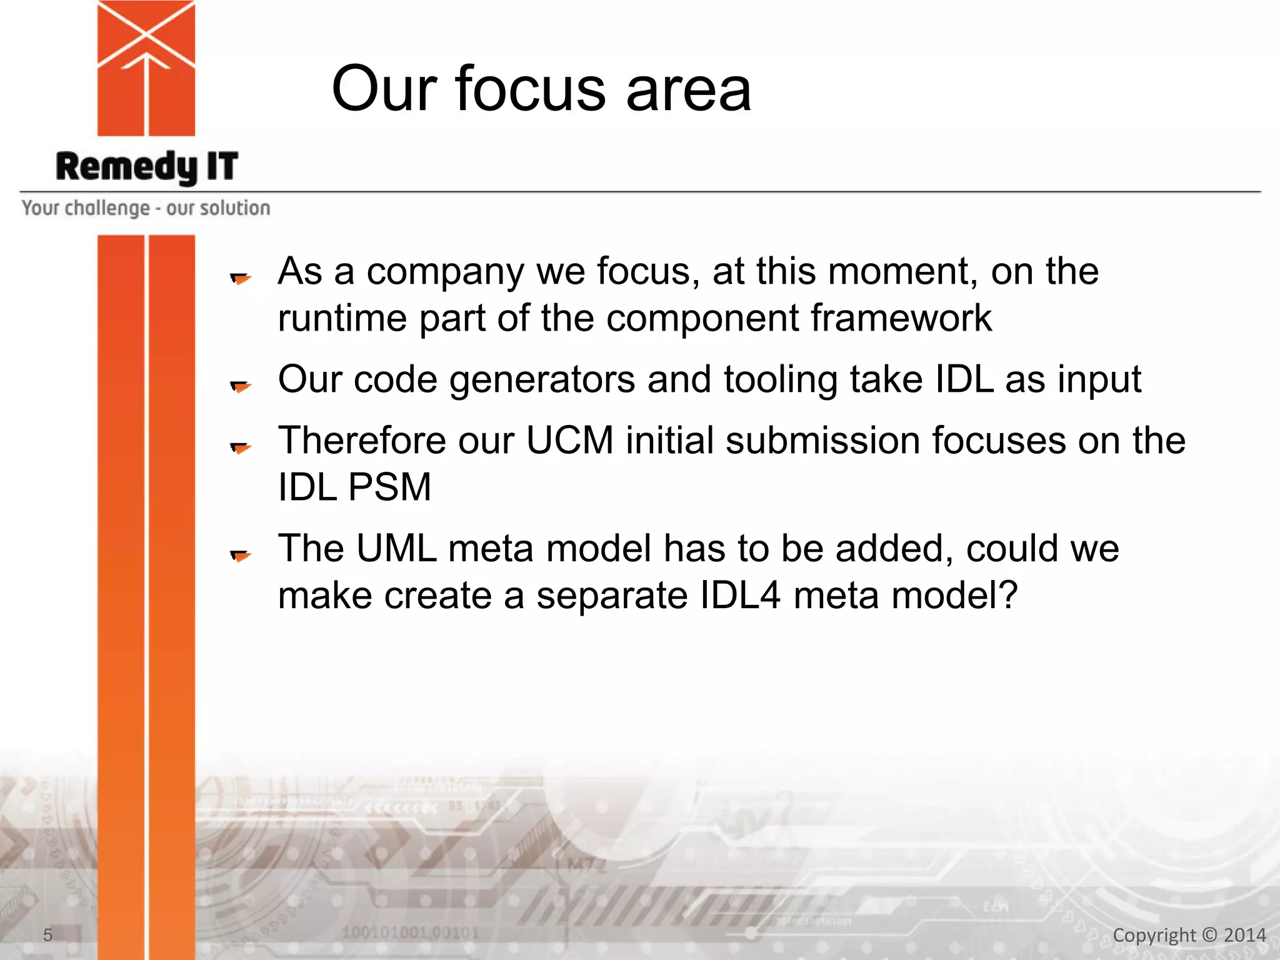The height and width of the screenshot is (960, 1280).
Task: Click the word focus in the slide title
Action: [530, 89]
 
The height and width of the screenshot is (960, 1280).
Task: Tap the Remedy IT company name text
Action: [147, 167]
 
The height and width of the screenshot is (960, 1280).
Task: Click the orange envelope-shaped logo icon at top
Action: [146, 67]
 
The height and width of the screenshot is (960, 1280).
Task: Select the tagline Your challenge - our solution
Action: [146, 208]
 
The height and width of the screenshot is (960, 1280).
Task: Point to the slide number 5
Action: [47, 935]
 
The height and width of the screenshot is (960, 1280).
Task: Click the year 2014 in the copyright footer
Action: [1244, 935]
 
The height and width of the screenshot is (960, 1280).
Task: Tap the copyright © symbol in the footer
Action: [1210, 935]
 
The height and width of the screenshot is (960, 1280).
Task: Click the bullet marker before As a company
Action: [240, 278]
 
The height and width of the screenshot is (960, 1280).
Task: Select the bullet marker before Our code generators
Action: [240, 386]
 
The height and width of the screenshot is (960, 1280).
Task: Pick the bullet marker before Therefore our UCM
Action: [240, 447]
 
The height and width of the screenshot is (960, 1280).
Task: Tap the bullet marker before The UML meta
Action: [240, 555]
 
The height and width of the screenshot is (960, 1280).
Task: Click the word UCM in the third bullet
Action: [569, 441]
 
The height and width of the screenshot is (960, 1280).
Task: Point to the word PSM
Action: [389, 487]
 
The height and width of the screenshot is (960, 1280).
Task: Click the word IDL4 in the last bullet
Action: [739, 595]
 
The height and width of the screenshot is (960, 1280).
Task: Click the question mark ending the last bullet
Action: [1008, 595]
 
